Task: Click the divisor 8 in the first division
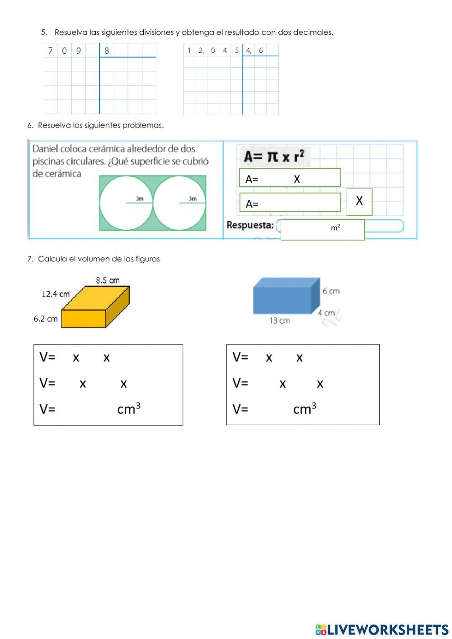[x=107, y=51]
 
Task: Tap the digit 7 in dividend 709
[x=50, y=51]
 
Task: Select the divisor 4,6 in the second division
[x=254, y=50]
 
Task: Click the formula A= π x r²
[x=274, y=156]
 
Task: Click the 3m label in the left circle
[x=140, y=199]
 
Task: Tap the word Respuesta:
[x=250, y=225]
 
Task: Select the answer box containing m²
[x=322, y=229]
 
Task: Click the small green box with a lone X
[x=359, y=201]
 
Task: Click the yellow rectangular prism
[x=95, y=308]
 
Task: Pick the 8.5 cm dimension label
[x=108, y=280]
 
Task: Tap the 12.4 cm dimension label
[x=56, y=294]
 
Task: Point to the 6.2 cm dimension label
[x=46, y=319]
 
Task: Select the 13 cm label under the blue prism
[x=280, y=321]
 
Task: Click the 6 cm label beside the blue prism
[x=331, y=291]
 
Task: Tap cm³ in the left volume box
[x=129, y=408]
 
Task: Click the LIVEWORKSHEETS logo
[x=382, y=630]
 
